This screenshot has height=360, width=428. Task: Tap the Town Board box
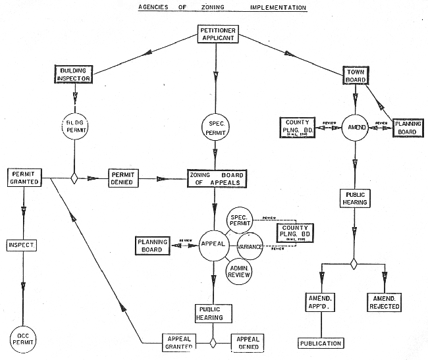[x=355, y=74]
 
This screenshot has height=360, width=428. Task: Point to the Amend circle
[x=354, y=128]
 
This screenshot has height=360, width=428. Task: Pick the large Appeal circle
[x=213, y=244]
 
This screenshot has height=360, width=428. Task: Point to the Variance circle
[x=251, y=245]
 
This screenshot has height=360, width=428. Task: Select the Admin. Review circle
[x=238, y=270]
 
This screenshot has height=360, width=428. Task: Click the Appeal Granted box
[x=178, y=342]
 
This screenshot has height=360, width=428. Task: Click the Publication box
[x=321, y=343]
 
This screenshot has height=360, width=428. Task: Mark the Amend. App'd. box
[x=321, y=302]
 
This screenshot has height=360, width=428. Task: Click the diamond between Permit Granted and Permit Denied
[x=74, y=178]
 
